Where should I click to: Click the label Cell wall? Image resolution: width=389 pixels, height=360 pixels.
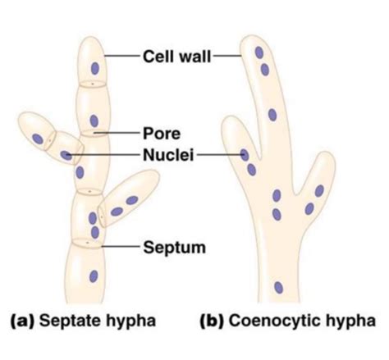[176, 56]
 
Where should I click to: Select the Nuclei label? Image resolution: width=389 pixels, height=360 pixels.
[167, 153]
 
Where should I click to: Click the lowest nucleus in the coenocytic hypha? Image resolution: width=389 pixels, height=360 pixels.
[278, 287]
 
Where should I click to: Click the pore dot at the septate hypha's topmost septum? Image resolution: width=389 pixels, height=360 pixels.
[92, 84]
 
